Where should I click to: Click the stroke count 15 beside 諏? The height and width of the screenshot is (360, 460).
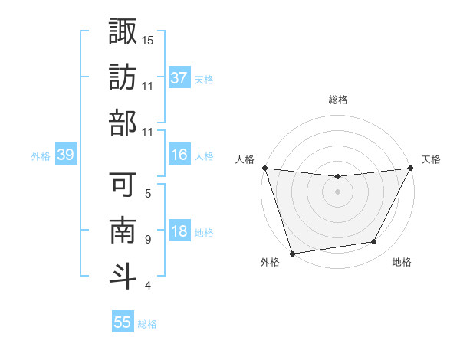pos(148,39)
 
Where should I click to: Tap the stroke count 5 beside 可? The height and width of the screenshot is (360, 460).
pos(148,193)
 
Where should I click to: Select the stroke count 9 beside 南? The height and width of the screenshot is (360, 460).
pos(148,239)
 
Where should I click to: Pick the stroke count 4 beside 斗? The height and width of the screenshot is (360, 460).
pos(148,286)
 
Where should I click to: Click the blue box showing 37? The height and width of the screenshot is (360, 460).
pos(179,78)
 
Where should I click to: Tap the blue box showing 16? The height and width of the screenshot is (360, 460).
pos(179,155)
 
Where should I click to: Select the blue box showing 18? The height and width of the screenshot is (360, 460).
pos(179,232)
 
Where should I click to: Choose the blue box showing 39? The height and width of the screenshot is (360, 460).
pos(66,155)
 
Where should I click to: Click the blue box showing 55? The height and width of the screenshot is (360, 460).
pos(123,322)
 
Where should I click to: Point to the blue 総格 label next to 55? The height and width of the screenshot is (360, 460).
pos(147,324)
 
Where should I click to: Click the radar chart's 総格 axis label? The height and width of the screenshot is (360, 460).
pos(337,100)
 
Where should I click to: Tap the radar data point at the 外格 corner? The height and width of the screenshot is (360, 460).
pos(292,254)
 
